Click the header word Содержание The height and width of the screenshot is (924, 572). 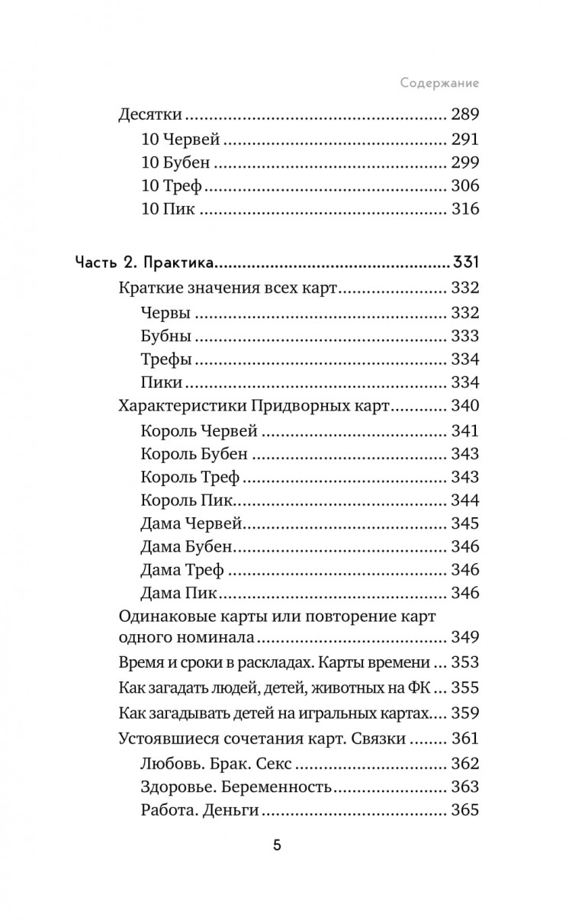pyautogui.click(x=444, y=82)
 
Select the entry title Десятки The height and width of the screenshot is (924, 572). pyautogui.click(x=150, y=116)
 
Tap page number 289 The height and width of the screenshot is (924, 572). pyautogui.click(x=464, y=116)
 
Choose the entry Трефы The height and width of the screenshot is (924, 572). pyautogui.click(x=166, y=359)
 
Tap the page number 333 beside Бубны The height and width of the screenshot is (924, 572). pyautogui.click(x=464, y=336)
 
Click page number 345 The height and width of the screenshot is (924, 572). pyautogui.click(x=464, y=523)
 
